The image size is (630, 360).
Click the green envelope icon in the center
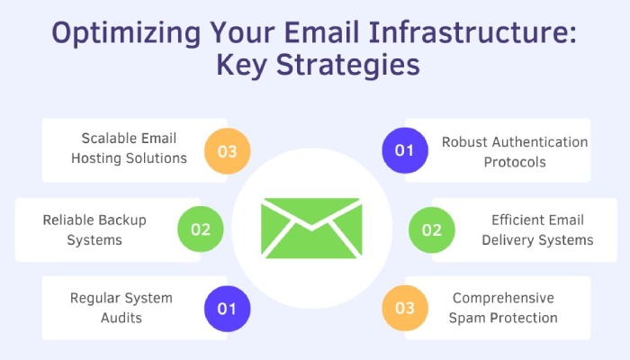pos(311,228)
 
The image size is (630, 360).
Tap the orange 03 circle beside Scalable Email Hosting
pos(228,151)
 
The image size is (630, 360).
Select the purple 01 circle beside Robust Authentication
pos(405,150)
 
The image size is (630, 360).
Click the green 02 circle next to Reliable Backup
pos(201,229)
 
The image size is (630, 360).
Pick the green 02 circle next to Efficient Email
pos(432,229)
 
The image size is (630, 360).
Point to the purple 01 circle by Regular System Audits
pos(228,309)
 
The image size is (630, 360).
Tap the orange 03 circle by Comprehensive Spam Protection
pos(405,308)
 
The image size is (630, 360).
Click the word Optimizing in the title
pos(126,33)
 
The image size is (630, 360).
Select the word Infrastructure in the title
pos(472,32)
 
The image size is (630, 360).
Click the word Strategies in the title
pos(348,66)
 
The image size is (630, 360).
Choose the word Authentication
pos(540,142)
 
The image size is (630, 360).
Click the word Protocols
pos(515,162)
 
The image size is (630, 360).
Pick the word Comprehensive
pos(503,299)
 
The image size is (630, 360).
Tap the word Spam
pos(466,319)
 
